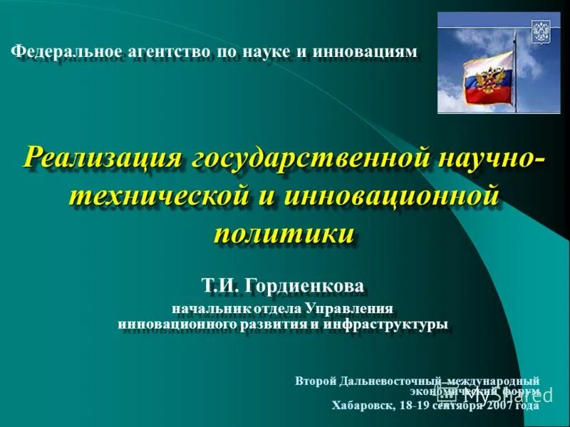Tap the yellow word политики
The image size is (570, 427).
click(284, 233)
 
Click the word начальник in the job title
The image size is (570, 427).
click(205, 310)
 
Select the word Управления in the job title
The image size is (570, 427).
click(350, 310)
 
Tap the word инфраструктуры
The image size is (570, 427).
click(385, 325)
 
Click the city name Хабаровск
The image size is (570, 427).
click(363, 406)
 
